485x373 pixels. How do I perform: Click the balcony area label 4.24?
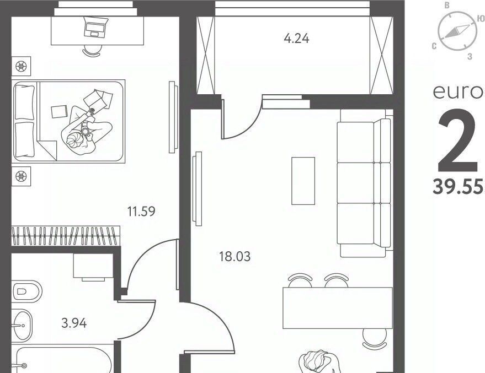click(296, 39)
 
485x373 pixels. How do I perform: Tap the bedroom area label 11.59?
click(141, 212)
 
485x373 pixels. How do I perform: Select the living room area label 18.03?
click(234, 256)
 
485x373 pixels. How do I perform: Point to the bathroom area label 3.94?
click(74, 323)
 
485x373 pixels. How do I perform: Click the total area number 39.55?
click(459, 187)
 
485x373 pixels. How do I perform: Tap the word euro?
click(459, 92)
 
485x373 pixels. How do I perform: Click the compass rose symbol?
click(457, 31)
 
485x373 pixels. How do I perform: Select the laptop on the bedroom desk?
click(95, 26)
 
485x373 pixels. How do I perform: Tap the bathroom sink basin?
click(22, 325)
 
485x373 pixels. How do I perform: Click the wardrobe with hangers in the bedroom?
click(66, 236)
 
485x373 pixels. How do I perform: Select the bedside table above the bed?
click(21, 66)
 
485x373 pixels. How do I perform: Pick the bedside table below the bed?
click(21, 177)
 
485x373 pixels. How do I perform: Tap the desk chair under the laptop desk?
click(92, 51)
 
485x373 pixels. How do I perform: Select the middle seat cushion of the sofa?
click(355, 182)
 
